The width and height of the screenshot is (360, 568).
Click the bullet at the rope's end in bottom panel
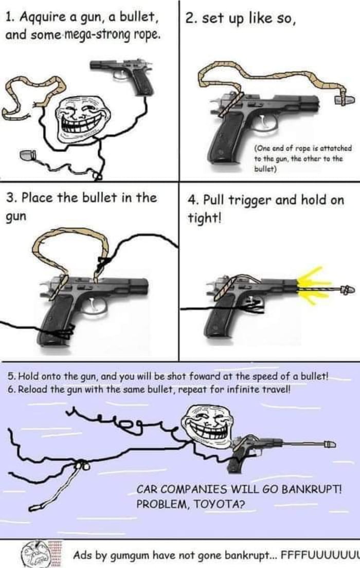click(x=329, y=443)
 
